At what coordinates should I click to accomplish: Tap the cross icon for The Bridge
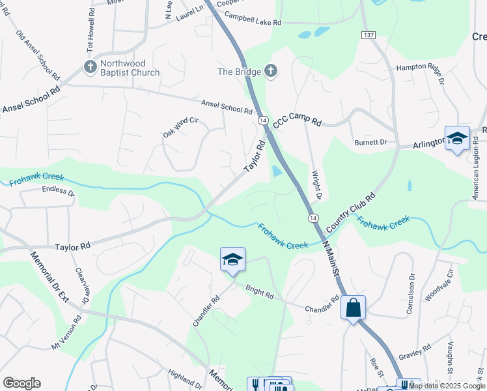pos(271,71)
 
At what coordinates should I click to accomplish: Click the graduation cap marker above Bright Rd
pos(232,259)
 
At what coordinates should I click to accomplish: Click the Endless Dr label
pos(59,191)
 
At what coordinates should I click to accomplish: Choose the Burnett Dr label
pos(370,141)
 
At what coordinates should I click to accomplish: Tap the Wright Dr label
pos(316,185)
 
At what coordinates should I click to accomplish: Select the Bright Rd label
pos(259,291)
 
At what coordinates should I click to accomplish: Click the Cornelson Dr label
pos(411,300)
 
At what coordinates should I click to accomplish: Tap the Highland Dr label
pos(185,377)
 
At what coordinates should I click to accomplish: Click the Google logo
pos(21,383)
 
